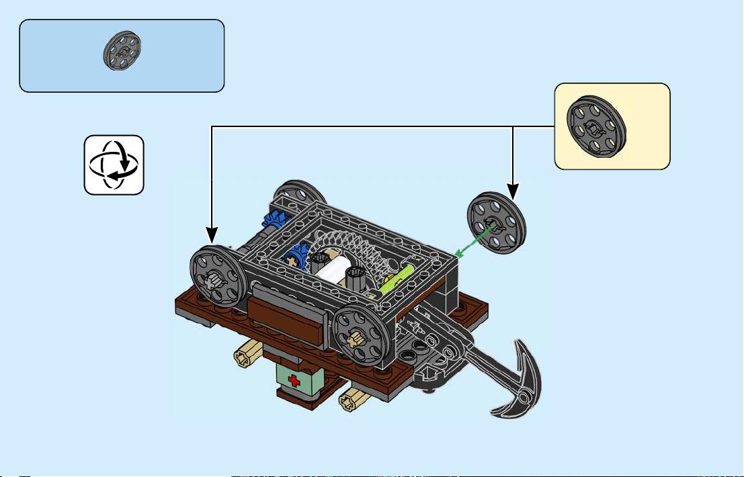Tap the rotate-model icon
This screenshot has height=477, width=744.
coord(114,165)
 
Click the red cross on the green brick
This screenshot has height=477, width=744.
coord(293,381)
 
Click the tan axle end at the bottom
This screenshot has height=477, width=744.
coord(349,402)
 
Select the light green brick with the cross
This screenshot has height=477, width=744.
coord(296,380)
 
